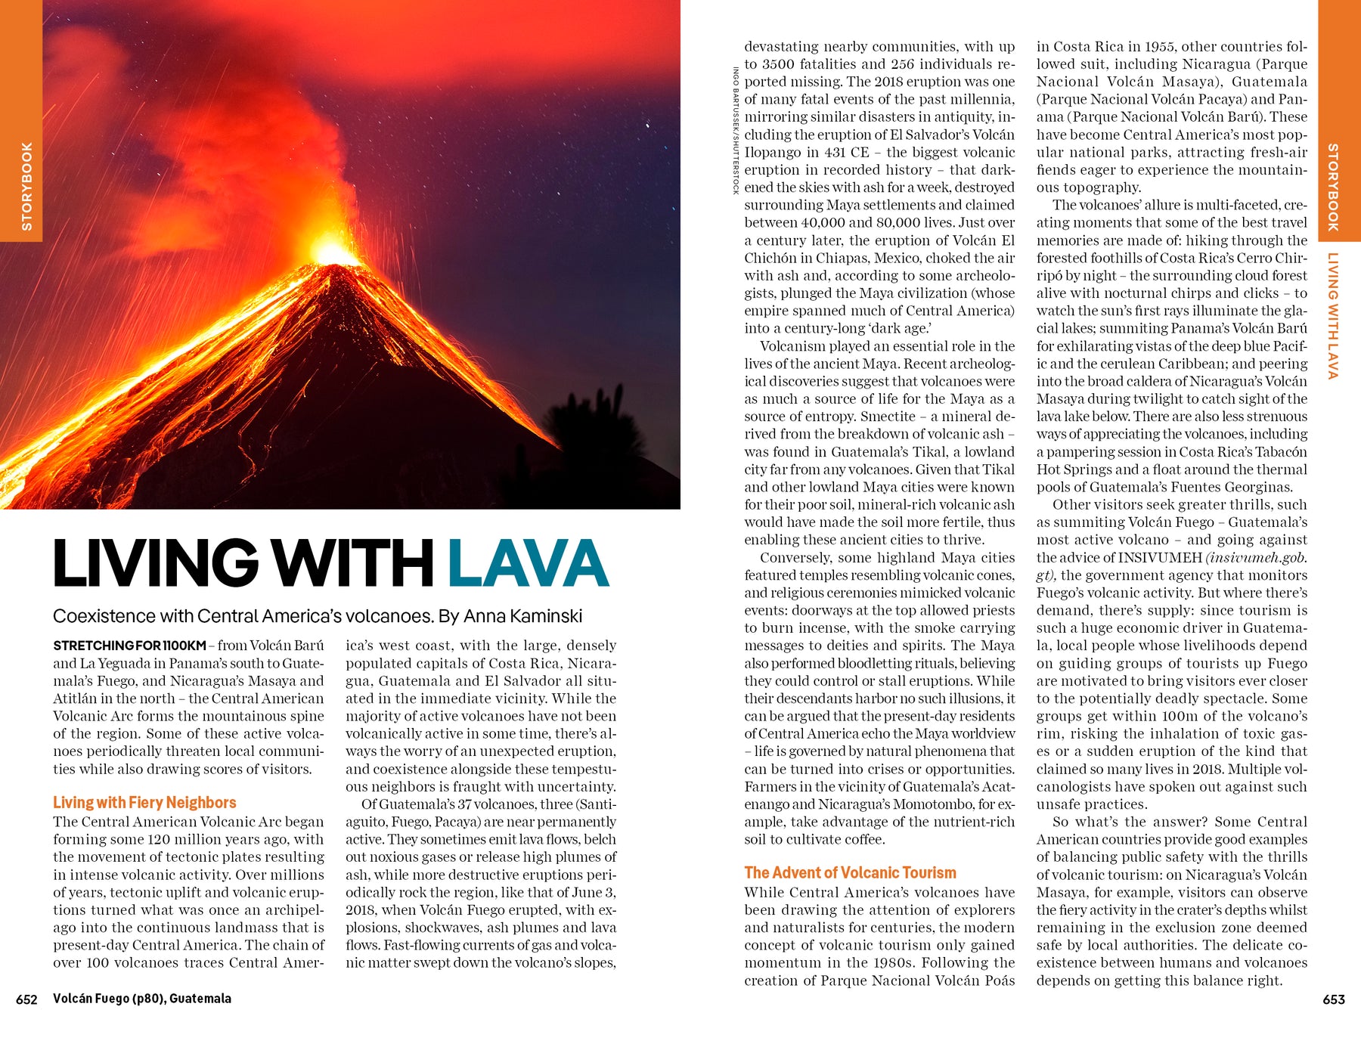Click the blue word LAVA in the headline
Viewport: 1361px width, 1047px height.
[528, 563]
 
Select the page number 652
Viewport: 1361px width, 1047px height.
[26, 999]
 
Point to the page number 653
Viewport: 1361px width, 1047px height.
[1334, 999]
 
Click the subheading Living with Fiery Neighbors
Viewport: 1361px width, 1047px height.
[144, 803]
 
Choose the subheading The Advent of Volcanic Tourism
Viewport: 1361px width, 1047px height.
[850, 873]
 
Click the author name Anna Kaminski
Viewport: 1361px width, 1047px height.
[522, 616]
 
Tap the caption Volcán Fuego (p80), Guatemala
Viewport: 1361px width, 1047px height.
[142, 999]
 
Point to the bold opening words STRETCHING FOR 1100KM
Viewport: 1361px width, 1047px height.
[129, 646]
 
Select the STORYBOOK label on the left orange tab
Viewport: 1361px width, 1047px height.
[27, 186]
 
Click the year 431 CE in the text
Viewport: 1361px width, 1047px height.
[842, 152]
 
